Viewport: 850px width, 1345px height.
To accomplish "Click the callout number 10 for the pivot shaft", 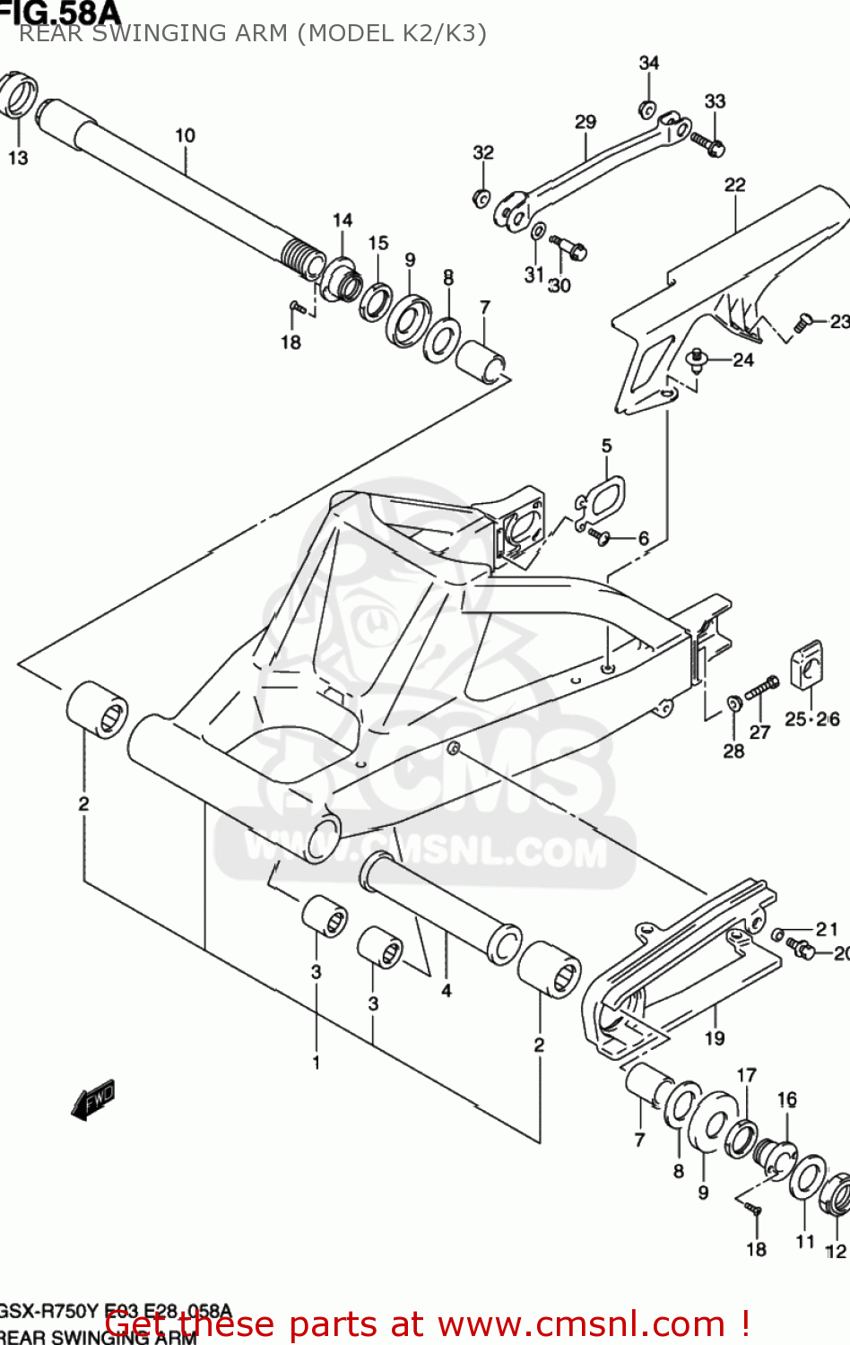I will pos(185,135).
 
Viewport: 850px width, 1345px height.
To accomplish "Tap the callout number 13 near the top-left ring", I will pos(18,158).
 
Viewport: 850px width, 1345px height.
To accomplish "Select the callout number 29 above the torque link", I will pos(585,121).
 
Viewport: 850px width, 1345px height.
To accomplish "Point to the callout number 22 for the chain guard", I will pos(734,185).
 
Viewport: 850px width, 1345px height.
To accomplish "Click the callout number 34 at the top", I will pos(648,63).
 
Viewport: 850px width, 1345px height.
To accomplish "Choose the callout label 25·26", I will pos(811,719).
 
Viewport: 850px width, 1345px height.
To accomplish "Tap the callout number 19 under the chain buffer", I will pos(715,1037).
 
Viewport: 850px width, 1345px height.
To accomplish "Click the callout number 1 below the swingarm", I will pos(316,1063).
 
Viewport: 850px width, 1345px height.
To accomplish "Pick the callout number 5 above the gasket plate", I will pos(607,446).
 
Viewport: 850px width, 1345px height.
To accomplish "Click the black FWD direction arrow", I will pos(93,1099).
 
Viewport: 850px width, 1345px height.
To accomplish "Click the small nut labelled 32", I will pos(481,197).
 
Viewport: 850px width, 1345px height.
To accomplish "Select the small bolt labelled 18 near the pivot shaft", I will pos(298,308).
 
